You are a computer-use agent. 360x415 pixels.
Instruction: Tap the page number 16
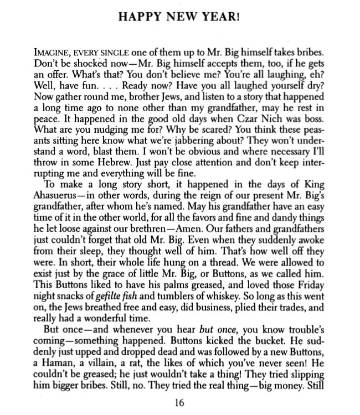pos(179,402)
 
